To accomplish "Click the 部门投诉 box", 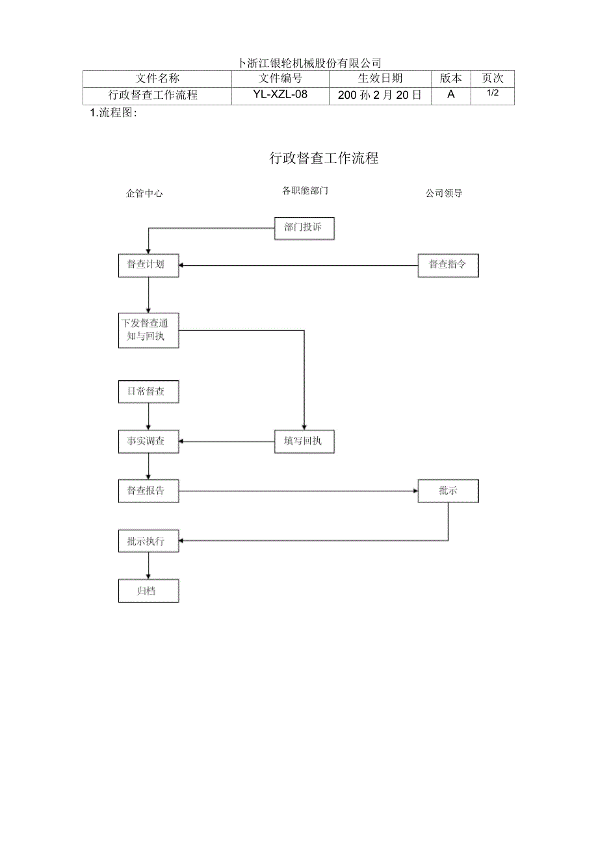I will pos(304,228).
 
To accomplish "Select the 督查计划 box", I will pos(148,265).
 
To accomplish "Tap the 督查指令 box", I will pos(448,265).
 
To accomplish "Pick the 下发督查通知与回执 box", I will pos(148,331).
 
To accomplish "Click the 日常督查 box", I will pos(148,392).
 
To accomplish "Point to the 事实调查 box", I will pos(148,441).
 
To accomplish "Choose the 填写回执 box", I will pos(304,441).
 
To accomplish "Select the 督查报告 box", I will pos(148,491).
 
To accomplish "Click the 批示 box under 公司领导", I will pos(448,491).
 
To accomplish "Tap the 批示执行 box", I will pos(148,541).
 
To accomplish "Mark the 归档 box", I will pos(148,591).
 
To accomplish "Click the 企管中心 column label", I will pos(144,194).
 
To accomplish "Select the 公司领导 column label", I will pos(444,194).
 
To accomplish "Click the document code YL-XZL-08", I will pos(280,95).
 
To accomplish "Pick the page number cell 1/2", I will pos(493,94).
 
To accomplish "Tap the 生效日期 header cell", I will pos(380,79).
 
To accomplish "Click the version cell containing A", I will pos(451,95).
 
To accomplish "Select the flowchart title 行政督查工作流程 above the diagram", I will pos(324,159).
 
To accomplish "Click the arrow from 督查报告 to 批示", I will pos(299,491).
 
